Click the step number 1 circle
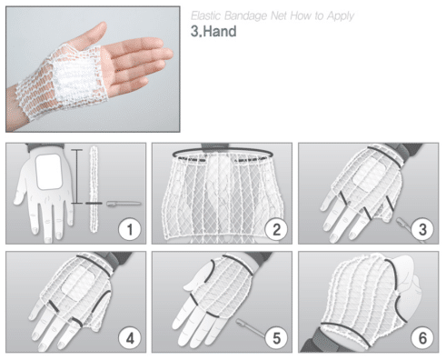point(130,229)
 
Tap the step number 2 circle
point(276,229)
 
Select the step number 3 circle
point(422,229)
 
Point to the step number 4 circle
point(130,338)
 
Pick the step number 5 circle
point(276,338)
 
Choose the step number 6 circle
point(422,338)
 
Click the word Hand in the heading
point(220,31)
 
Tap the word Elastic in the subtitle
point(206,15)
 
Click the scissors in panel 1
point(124,204)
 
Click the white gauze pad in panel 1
point(49,172)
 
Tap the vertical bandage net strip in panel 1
point(94,189)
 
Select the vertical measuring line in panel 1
point(77,176)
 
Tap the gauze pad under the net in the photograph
point(76,77)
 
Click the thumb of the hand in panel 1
point(21,189)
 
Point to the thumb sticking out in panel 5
point(197,278)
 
